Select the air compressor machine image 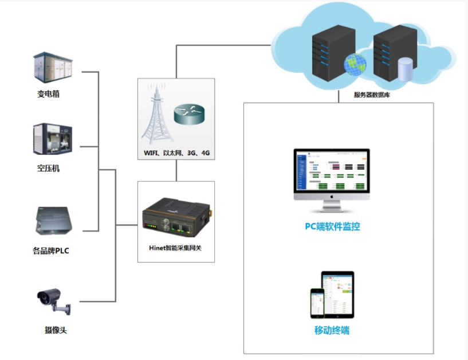pyautogui.click(x=53, y=139)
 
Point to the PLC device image pyautogui.click(x=53, y=221)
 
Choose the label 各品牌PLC pyautogui.click(x=52, y=251)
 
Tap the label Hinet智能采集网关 pyautogui.click(x=176, y=249)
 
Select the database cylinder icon pyautogui.click(x=405, y=69)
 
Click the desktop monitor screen pyautogui.click(x=332, y=171)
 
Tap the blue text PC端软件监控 pyautogui.click(x=332, y=226)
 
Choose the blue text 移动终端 pyautogui.click(x=332, y=330)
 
